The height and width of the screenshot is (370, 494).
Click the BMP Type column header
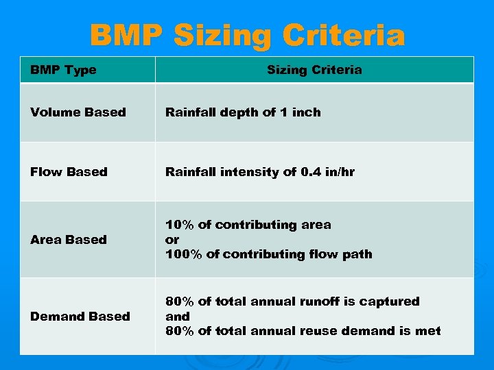(x=63, y=70)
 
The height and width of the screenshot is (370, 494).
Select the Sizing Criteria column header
(x=314, y=70)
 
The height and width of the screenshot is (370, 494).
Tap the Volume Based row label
(x=78, y=112)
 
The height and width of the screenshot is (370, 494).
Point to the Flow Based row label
(x=69, y=172)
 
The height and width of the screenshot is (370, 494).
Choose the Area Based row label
(x=69, y=240)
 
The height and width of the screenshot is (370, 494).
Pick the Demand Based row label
(x=80, y=317)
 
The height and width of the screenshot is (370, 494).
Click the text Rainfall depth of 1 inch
(x=243, y=112)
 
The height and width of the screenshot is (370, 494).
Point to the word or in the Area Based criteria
(x=172, y=240)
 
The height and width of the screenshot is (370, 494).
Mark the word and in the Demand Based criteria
(x=177, y=317)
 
